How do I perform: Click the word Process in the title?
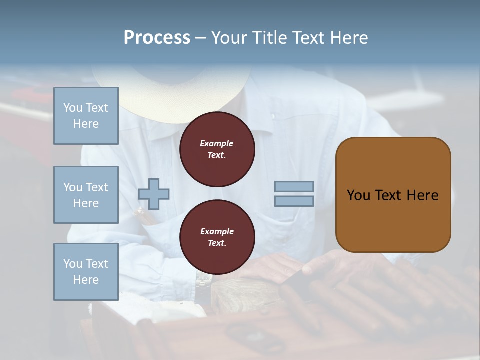[157, 38]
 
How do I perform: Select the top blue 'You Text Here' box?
[86, 116]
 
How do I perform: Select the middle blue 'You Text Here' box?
[86, 195]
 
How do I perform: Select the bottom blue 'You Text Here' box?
[86, 271]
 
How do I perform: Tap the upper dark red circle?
[217, 149]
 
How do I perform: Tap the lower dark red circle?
[217, 237]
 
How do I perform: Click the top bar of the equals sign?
[294, 186]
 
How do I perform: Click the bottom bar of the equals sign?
[294, 201]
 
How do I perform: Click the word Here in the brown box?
[422, 195]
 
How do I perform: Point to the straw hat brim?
[170, 107]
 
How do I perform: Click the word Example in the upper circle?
[217, 143]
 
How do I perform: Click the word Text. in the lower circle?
[217, 243]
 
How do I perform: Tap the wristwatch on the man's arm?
[203, 282]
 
